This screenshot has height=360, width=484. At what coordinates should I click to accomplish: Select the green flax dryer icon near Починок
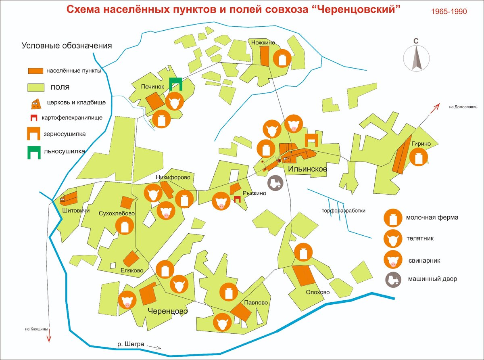tap(175, 84)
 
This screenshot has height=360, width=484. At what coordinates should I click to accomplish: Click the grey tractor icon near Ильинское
tap(276, 184)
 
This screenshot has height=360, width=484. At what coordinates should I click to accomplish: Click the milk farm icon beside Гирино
tap(418, 157)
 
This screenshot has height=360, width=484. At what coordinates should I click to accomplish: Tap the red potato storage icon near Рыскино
tap(237, 199)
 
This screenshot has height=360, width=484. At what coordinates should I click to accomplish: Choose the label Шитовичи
tap(76, 210)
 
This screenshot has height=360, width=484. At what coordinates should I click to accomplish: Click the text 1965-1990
tap(449, 12)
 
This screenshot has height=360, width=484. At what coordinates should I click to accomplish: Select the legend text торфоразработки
tap(344, 211)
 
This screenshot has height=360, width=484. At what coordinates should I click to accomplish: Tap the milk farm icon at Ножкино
tap(282, 59)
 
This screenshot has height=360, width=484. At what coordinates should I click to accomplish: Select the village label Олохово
tap(317, 292)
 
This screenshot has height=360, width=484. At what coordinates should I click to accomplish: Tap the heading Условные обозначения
tap(67, 46)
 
